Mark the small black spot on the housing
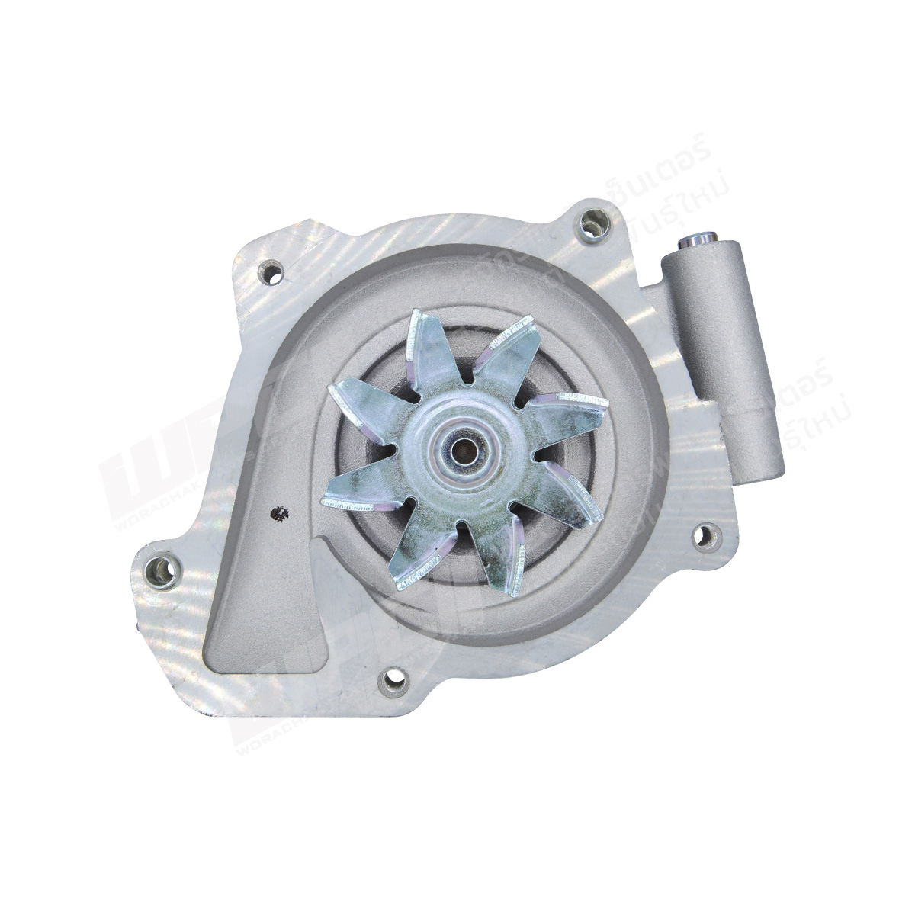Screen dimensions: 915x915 (x=280, y=515)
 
